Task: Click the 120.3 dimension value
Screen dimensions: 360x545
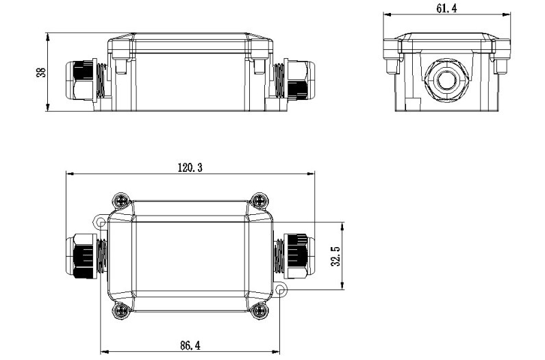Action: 190,167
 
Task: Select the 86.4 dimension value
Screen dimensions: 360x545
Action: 190,346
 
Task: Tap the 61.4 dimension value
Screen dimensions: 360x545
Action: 446,8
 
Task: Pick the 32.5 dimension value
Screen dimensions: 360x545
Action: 335,256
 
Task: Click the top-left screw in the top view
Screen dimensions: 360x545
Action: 121,201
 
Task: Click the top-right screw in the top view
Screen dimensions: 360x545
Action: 259,201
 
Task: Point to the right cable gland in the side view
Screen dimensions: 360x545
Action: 295,81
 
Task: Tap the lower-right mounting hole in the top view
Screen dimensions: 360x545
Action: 281,292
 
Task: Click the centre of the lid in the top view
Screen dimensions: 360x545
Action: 190,256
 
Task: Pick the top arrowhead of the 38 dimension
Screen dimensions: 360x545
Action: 48,34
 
